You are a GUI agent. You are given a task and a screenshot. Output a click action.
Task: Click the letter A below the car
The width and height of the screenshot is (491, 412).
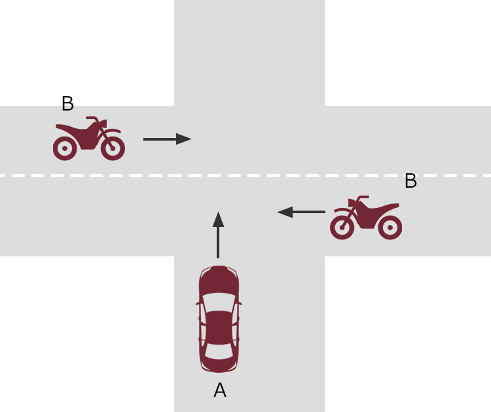pos(220,390)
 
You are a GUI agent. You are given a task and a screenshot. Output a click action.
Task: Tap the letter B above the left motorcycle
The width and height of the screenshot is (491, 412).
pos(68,103)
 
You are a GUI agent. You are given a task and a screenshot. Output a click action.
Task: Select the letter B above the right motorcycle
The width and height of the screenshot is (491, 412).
pos(411,180)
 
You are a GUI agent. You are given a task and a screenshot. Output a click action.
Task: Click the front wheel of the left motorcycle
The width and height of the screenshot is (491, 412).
pos(113,148)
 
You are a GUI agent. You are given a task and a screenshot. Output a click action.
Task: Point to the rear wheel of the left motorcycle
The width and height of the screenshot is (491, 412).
pos(65,148)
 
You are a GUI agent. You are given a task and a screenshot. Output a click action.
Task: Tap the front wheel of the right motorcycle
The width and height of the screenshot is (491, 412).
pos(342,228)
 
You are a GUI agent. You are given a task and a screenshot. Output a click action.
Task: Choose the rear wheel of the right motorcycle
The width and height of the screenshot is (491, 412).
pos(390,228)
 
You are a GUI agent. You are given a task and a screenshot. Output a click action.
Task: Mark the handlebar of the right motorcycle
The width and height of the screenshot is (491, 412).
pos(363,198)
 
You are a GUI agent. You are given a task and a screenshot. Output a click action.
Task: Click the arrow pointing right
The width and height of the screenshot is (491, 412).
pos(167,139)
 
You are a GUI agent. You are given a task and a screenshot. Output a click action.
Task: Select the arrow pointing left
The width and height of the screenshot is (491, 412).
pos(301,212)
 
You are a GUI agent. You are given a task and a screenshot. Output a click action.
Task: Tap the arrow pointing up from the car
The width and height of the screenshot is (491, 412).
pos(218,235)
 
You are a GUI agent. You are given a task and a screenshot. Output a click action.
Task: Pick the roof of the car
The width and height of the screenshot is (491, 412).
pos(219,328)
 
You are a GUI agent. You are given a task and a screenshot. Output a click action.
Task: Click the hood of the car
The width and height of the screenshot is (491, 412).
pos(219,280)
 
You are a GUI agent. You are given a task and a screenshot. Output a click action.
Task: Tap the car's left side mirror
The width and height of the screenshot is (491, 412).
pos(198,303)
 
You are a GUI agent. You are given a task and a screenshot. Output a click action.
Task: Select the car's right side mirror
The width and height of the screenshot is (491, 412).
pos(240,303)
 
